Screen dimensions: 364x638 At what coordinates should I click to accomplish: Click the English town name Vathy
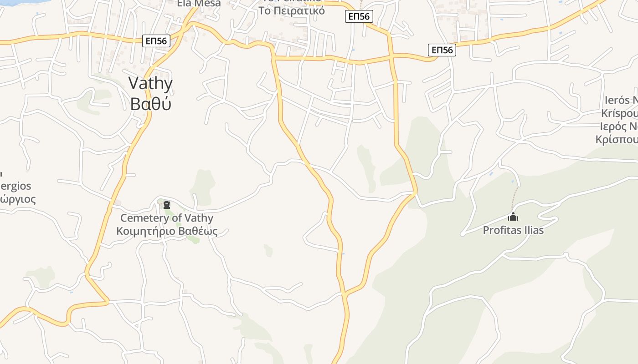pos(150,84)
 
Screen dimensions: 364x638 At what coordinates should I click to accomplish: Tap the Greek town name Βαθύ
pos(150,104)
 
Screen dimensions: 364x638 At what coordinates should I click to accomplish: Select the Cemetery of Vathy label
pos(167,218)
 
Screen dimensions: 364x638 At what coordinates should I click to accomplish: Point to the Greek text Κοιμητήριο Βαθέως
pos(167,231)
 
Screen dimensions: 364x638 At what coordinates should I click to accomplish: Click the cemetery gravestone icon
pos(167,205)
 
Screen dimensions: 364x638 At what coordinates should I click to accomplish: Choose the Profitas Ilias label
pos(513,230)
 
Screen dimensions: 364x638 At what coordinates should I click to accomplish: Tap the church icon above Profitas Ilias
pos(513,217)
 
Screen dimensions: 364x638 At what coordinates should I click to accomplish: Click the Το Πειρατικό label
pos(292,10)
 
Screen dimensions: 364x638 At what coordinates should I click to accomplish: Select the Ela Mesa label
pos(199,4)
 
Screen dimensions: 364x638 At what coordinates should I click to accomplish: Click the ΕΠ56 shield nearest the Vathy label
pos(156,41)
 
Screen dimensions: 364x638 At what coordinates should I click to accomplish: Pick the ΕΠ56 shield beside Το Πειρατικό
pos(359,17)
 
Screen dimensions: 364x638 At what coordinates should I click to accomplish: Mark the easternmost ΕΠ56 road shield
pos(442,50)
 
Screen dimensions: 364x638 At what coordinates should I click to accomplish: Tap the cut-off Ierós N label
pos(621,101)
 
